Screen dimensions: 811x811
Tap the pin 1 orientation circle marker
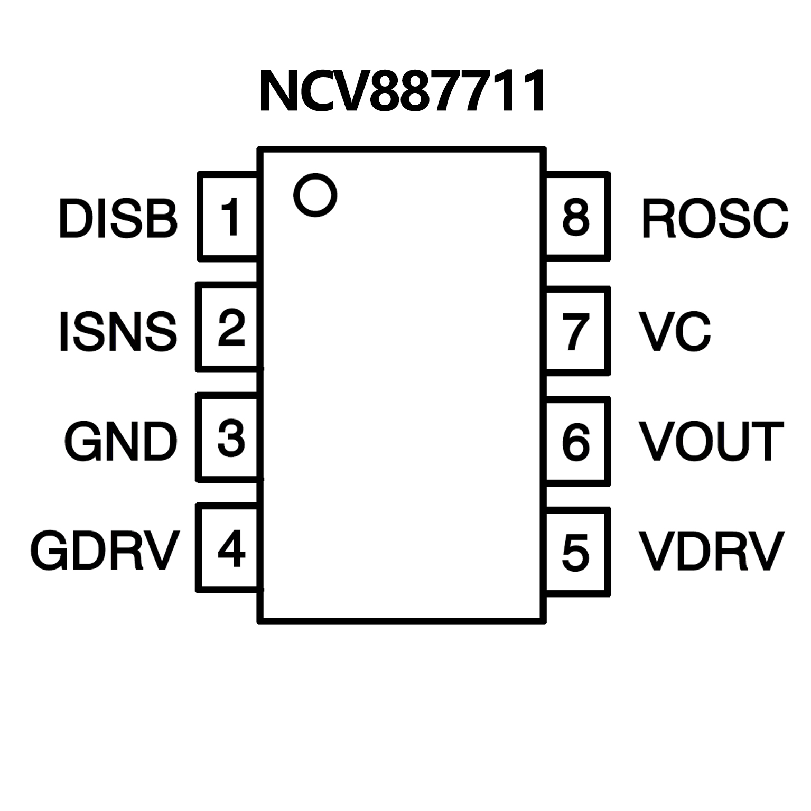[x=315, y=194]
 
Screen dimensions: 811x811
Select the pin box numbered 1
[x=228, y=217]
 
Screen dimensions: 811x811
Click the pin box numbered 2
[x=228, y=328]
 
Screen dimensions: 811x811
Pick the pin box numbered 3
[x=228, y=438]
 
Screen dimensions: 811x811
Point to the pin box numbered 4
[x=228, y=548]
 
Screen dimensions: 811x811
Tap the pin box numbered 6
[x=577, y=442]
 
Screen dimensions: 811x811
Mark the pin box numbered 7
[x=577, y=331]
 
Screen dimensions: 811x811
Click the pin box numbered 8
[x=577, y=217]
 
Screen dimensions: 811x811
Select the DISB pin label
[x=118, y=218]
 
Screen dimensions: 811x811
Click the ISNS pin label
[x=118, y=331]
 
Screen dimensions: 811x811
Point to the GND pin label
[x=120, y=442]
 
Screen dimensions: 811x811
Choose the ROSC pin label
[x=714, y=218]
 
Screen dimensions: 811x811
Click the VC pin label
[x=675, y=331]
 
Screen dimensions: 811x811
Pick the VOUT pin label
[x=711, y=442]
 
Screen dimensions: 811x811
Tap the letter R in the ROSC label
[x=657, y=218]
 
